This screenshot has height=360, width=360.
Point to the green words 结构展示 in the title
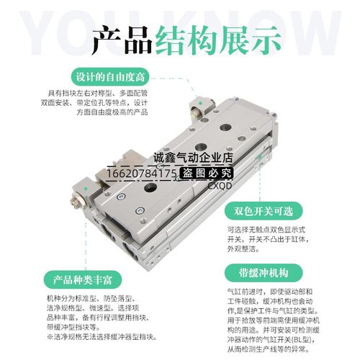213,41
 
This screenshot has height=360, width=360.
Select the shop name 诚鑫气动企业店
195,158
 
